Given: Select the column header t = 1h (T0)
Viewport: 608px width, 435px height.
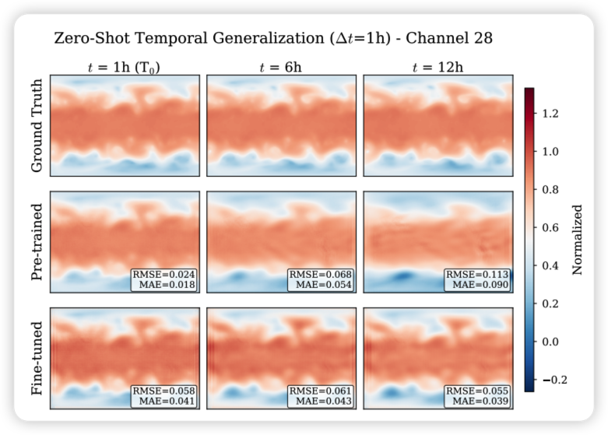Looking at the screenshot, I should (125, 67).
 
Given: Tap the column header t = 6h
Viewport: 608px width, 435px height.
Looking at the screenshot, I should (281, 67).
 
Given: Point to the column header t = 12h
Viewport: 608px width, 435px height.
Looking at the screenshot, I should (438, 67).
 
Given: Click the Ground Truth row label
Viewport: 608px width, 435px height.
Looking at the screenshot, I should (37, 125).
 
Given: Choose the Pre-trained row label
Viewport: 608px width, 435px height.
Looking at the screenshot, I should (37, 242).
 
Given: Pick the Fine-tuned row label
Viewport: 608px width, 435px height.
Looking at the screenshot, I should (37, 358).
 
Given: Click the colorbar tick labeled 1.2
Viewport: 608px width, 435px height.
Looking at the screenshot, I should (551, 114).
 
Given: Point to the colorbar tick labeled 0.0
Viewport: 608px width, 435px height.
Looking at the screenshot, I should (551, 342).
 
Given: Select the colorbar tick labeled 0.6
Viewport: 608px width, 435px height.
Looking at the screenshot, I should (551, 228).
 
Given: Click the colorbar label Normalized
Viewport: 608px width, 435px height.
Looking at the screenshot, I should (578, 239).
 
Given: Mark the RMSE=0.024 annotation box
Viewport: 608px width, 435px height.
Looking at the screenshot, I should (164, 280).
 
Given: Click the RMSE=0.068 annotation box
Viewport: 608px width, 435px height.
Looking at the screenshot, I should (321, 280).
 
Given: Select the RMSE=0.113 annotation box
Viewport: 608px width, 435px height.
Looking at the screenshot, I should (477, 280).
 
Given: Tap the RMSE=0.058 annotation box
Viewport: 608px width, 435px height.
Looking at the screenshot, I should (164, 396).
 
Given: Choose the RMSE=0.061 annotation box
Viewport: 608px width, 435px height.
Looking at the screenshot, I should (321, 396).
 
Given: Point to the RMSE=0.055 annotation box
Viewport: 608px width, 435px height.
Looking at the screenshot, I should (477, 396).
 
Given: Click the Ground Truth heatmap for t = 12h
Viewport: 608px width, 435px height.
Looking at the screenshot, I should (438, 125).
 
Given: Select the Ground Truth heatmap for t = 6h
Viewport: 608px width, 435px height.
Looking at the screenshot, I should (281, 125).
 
